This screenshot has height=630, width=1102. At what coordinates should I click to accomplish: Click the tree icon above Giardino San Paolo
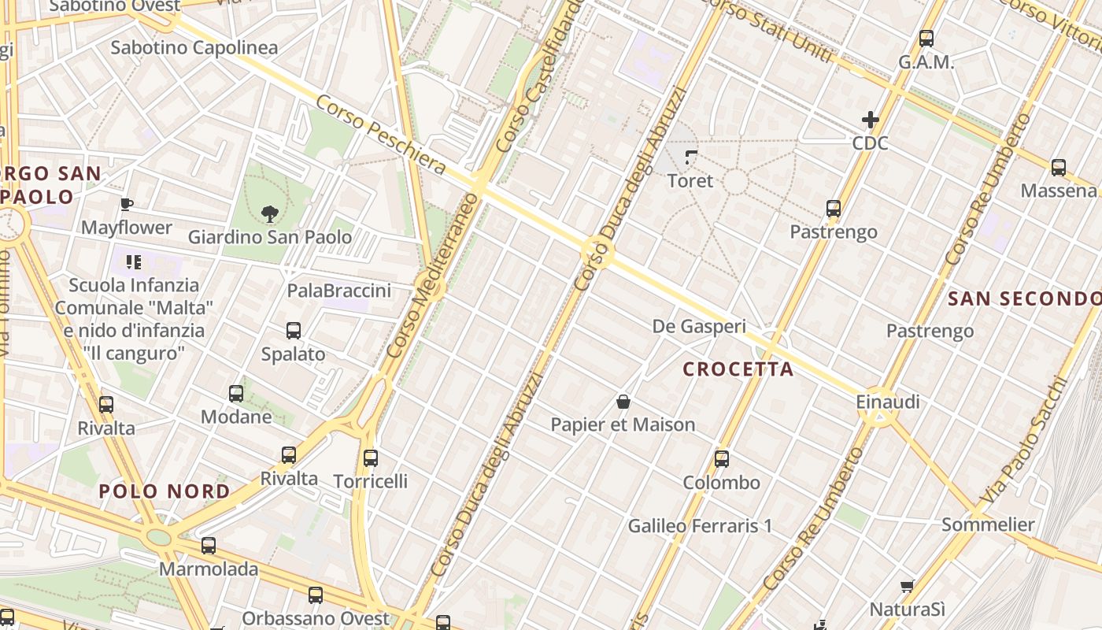(x=270, y=213)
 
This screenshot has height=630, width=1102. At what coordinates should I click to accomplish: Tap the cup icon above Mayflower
(x=126, y=205)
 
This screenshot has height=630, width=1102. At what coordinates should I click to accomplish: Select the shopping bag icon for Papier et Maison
(x=623, y=402)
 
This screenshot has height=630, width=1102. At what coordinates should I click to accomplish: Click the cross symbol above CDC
(x=870, y=120)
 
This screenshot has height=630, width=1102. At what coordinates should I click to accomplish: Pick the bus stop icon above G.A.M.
(x=926, y=38)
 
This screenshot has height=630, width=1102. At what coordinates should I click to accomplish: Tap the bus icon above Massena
(x=1059, y=167)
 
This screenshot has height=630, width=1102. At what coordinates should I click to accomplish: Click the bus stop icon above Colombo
(x=722, y=459)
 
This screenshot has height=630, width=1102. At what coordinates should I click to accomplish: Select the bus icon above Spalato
(x=294, y=331)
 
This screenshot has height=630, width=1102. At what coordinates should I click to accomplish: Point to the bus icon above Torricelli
(x=371, y=458)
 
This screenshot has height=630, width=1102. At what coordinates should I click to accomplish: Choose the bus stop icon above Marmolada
(x=209, y=545)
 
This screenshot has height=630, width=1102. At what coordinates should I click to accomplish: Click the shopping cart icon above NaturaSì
(x=907, y=586)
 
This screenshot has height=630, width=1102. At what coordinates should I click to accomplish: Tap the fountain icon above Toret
(x=691, y=157)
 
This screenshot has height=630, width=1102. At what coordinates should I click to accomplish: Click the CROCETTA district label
(x=738, y=369)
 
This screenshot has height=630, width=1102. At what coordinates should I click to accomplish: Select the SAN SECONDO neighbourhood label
(x=1024, y=298)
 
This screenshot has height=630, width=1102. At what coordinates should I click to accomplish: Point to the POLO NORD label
(x=165, y=492)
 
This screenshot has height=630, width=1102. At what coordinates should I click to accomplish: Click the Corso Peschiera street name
(x=381, y=135)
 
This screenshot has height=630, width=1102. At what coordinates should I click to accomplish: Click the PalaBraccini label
(x=338, y=291)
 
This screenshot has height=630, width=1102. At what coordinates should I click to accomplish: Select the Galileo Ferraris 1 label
(x=700, y=525)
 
